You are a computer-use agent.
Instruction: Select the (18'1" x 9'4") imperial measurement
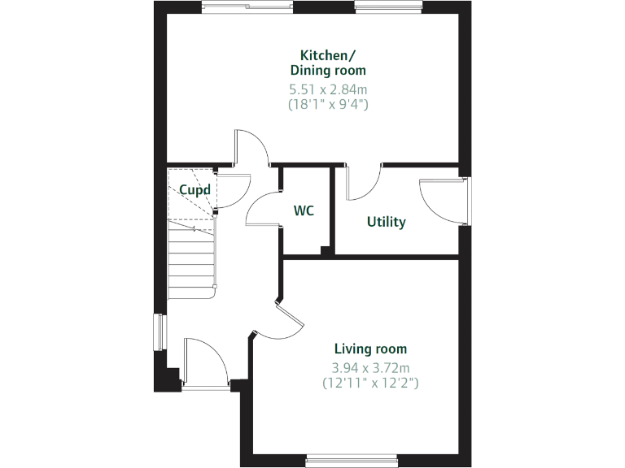[x=328, y=104]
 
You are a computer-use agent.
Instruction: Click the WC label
[x=304, y=211]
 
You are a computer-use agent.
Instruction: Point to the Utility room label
[x=386, y=222]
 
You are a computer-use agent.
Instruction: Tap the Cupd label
[x=195, y=190]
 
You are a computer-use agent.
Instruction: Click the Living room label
[x=370, y=349]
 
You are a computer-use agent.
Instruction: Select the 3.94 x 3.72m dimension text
[x=370, y=366]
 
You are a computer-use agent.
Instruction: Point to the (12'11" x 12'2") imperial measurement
[x=370, y=382]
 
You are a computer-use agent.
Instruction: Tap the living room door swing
[x=281, y=323]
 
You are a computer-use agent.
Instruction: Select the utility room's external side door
[x=444, y=199]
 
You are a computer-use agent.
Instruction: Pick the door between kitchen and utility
[x=363, y=182]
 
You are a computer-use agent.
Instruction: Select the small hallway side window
[x=160, y=332]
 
